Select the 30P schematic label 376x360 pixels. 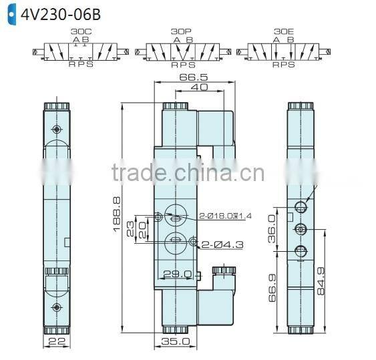[x=180, y=31]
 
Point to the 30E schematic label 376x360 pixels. [x=283, y=31]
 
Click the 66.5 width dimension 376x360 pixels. [x=192, y=77]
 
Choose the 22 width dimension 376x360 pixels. [x=57, y=341]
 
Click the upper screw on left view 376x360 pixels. [x=57, y=128]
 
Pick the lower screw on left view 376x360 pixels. [x=56, y=307]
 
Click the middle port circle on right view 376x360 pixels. [x=301, y=229]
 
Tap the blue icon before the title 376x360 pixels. [x=10, y=13]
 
